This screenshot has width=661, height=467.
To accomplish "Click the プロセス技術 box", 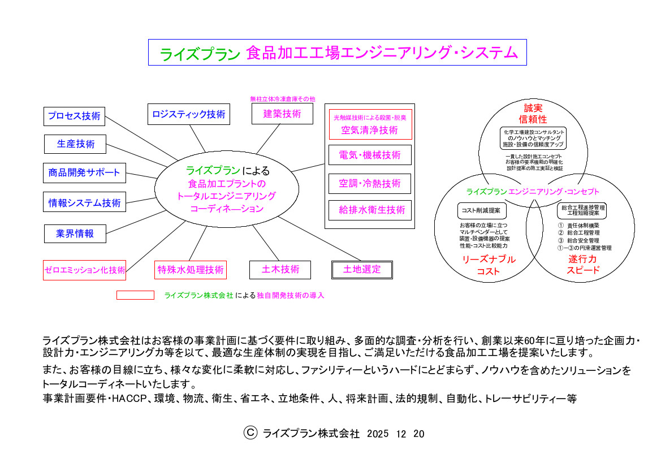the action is (74, 116).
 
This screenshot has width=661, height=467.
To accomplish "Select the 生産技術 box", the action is (75, 144).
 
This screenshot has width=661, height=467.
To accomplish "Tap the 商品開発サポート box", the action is (84, 173).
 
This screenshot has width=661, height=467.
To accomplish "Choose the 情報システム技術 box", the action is (84, 202).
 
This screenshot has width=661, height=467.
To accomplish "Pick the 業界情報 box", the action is (75, 234).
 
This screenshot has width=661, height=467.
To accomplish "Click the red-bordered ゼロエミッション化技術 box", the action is (84, 270).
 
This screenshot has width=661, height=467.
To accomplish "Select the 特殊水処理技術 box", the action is (191, 270).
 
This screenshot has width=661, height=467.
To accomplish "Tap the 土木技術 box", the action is (280, 270).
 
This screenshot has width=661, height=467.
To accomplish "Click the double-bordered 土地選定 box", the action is (362, 270).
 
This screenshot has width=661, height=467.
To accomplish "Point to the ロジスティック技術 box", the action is (189, 114).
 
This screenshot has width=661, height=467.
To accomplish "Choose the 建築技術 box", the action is (283, 114).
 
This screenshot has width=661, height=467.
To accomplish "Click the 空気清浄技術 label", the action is (369, 130).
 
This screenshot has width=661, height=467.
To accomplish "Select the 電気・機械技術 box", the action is (370, 155).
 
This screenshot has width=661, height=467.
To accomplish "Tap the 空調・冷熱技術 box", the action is (370, 184).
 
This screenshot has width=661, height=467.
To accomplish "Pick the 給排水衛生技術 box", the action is (370, 210).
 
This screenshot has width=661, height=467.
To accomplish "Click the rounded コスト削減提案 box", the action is (482, 211).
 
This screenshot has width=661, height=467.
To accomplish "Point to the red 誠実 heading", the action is (533, 109).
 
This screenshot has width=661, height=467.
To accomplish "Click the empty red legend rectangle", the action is (135, 295).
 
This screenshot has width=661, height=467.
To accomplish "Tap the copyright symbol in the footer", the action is (250, 433).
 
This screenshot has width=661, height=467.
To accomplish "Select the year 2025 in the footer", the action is (378, 434).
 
